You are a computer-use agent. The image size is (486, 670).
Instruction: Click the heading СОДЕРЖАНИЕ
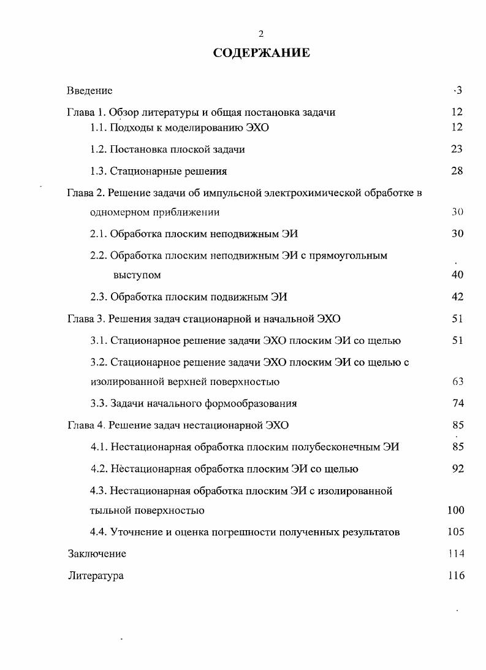coord(261,53)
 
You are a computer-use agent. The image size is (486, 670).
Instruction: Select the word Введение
coord(89,91)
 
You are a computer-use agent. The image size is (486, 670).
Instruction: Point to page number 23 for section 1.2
coord(457,149)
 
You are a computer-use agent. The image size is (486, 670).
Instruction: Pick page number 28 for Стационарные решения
coord(457,171)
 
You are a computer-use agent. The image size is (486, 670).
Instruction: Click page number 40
coord(457,275)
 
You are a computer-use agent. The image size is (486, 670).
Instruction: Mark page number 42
coord(457,297)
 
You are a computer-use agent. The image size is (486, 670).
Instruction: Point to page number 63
coord(457,382)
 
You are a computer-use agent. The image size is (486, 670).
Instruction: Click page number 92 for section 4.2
coord(457,469)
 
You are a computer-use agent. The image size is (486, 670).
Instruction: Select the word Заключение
coord(97,554)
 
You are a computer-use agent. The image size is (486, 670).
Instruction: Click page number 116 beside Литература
coord(456,576)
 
